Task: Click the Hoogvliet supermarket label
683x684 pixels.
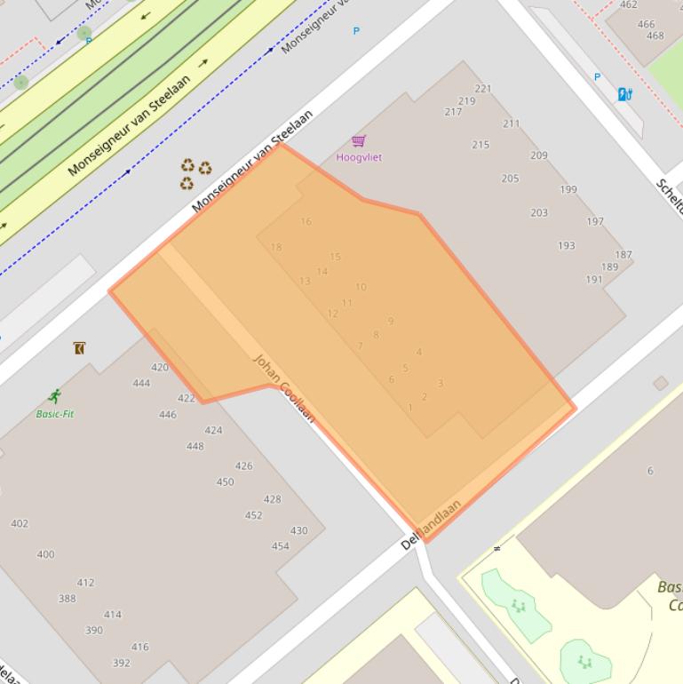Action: (x=359, y=157)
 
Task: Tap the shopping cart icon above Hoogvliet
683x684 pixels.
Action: (x=359, y=140)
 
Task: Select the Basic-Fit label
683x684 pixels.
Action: (x=55, y=414)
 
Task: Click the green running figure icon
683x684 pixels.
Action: (x=55, y=396)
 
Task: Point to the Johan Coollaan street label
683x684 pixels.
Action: (x=284, y=388)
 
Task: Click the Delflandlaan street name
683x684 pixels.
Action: (x=432, y=524)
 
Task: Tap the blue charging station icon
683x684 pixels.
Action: (x=625, y=94)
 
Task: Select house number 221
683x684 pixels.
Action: (x=483, y=89)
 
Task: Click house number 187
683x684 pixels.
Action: (x=623, y=255)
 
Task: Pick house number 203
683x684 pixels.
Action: (x=539, y=213)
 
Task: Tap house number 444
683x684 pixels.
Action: (x=141, y=384)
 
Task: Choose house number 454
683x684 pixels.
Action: (x=280, y=546)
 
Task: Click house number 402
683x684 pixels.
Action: (x=20, y=524)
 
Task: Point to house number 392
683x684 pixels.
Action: (x=122, y=663)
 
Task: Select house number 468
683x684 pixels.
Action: (x=655, y=36)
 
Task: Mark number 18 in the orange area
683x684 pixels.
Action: (x=276, y=248)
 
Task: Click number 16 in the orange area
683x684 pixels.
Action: (x=306, y=222)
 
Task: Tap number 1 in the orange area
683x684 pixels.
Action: (x=410, y=409)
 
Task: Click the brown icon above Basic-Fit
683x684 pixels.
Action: (x=79, y=347)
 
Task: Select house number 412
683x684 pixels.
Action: (x=85, y=584)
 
